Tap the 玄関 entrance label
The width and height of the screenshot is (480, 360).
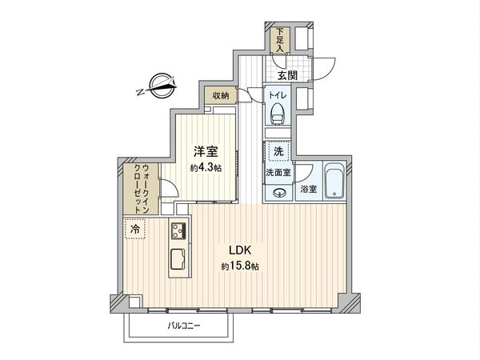pyautogui.click(x=288, y=76)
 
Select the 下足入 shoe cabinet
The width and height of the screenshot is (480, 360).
pyautogui.click(x=279, y=39)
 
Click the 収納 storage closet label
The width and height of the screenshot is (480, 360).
pyautogui.click(x=221, y=96)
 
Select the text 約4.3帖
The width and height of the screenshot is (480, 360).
pyautogui.click(x=205, y=169)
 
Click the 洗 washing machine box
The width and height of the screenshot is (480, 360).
pyautogui.click(x=278, y=152)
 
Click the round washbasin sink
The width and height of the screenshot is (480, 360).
pyautogui.click(x=278, y=192)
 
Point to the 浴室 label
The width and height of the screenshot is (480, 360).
pyautogui.click(x=308, y=190)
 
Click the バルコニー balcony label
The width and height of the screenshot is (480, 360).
pyautogui.click(x=184, y=326)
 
